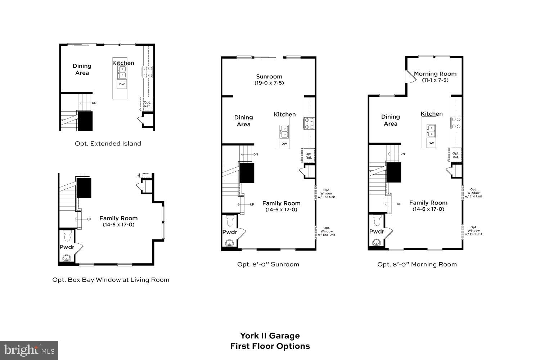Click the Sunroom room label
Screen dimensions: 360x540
pos(269,76)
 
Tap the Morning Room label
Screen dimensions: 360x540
pos(435,74)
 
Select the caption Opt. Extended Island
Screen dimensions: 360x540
pos(108,144)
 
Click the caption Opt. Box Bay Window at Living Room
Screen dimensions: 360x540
pos(111,280)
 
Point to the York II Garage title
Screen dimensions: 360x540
pos(270,336)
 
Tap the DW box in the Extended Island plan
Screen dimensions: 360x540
pos(122,84)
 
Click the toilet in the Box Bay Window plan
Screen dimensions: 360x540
pos(67,236)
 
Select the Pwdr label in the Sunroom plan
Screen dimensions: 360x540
pos(229,232)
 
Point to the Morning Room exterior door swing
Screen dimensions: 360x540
pos(409,76)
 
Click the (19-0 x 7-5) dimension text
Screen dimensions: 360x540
pos(269,83)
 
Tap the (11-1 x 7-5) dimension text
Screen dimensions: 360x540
pos(435,80)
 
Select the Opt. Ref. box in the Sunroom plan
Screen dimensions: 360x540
pos(309,156)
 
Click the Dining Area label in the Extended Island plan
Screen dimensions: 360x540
pos(82,69)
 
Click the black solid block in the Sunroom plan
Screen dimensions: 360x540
pos(247,173)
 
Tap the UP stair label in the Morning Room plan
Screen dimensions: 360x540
pos(399,204)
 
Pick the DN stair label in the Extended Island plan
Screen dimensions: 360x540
pos(94,103)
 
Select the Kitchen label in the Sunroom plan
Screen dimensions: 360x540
pos(284,114)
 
